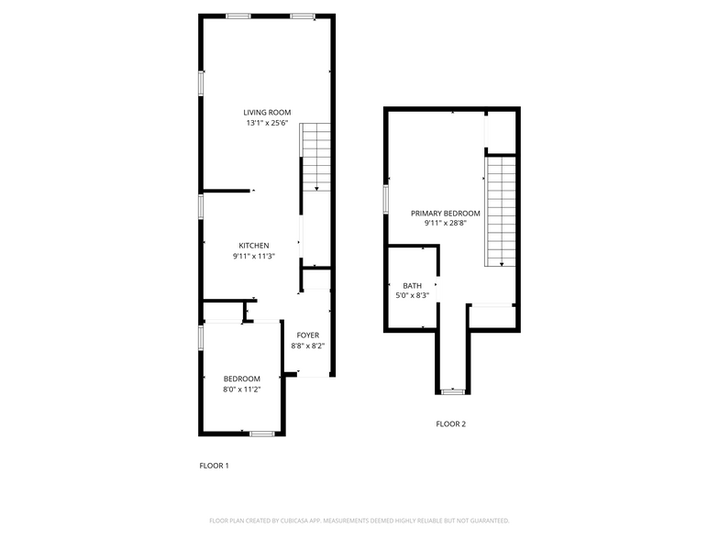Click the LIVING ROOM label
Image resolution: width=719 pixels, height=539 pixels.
click(x=267, y=113)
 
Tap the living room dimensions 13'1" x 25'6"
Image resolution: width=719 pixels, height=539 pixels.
click(x=267, y=123)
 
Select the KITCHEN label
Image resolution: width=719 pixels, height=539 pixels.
click(x=254, y=246)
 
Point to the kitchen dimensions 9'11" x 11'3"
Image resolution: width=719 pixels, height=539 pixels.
click(x=254, y=257)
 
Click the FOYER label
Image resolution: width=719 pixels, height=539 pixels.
click(x=307, y=335)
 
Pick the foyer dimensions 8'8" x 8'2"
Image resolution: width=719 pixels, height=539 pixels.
click(x=307, y=346)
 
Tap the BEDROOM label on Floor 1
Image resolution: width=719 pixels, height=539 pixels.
click(x=242, y=379)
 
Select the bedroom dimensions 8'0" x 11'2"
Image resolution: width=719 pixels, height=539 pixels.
click(x=242, y=390)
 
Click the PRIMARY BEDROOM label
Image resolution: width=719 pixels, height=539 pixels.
click(x=446, y=213)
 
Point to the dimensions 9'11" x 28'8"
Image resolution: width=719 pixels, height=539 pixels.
click(x=446, y=223)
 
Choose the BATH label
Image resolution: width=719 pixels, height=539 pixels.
click(x=412, y=286)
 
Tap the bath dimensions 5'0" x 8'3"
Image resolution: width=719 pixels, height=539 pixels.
click(x=412, y=296)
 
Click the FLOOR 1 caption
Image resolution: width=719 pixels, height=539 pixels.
click(x=214, y=466)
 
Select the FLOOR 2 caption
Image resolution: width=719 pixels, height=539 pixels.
click(x=450, y=423)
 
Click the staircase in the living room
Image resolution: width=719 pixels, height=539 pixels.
click(x=315, y=156)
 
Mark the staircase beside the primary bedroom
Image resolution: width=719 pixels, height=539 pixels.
click(x=502, y=211)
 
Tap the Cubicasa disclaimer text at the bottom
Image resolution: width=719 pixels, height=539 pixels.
click(x=359, y=520)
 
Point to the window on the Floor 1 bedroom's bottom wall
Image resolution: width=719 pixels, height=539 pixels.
click(x=262, y=433)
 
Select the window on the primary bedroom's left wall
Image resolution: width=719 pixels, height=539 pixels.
click(x=386, y=199)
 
